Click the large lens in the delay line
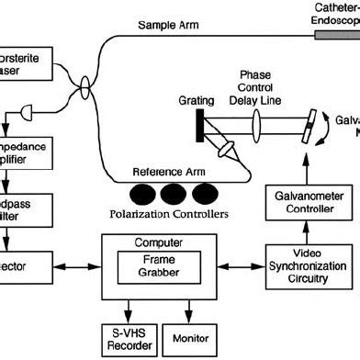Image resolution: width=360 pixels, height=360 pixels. click(x=261, y=122)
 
